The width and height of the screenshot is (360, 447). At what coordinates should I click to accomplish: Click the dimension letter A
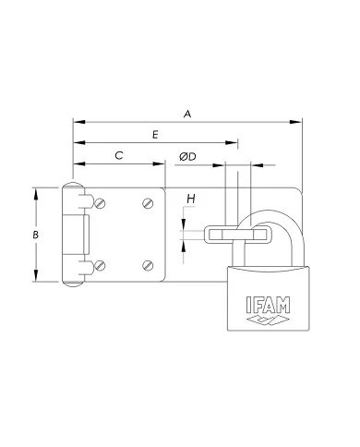(x=188, y=114)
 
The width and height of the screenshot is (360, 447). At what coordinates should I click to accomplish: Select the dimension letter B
(x=35, y=236)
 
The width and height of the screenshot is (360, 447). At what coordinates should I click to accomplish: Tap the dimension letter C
(x=119, y=156)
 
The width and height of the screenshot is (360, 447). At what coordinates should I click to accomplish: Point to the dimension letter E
(x=155, y=135)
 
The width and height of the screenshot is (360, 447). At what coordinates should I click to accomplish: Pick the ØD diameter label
(x=186, y=157)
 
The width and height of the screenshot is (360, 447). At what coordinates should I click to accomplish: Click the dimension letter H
(x=190, y=199)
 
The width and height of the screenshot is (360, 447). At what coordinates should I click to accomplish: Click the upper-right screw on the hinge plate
(x=148, y=203)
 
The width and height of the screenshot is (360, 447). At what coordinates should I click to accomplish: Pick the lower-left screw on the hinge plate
(x=99, y=266)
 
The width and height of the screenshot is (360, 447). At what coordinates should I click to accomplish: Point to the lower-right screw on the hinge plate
(x=148, y=266)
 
